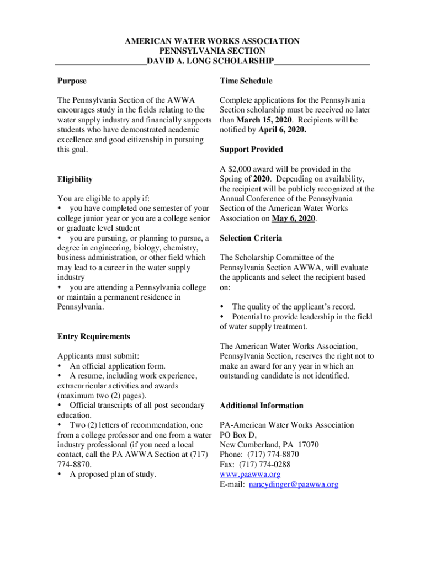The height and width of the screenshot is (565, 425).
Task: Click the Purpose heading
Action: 72,81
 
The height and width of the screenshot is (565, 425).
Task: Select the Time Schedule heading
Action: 246,81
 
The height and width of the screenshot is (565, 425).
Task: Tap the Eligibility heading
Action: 75,179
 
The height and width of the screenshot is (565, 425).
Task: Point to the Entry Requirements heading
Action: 94,337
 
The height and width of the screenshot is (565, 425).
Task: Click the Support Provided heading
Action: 251,150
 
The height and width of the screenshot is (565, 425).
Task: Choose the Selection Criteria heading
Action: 251,238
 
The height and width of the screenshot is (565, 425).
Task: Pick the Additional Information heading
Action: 262,406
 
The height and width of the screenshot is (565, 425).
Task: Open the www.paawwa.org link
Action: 250,475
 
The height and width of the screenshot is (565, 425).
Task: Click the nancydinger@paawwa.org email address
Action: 293,484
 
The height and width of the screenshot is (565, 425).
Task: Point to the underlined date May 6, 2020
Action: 293,218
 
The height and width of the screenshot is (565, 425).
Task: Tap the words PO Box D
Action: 238,435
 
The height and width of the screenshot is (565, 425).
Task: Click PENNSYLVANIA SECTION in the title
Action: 212,51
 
